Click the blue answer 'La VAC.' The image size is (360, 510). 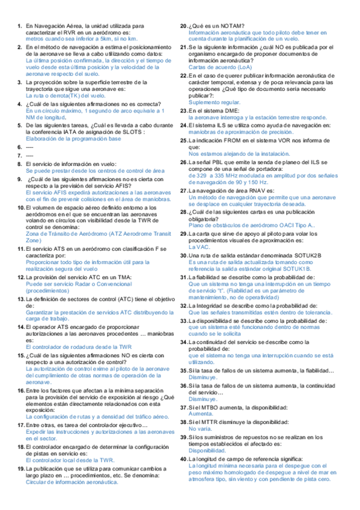pos(199,247)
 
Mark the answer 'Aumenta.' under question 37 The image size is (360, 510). pos(200,414)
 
